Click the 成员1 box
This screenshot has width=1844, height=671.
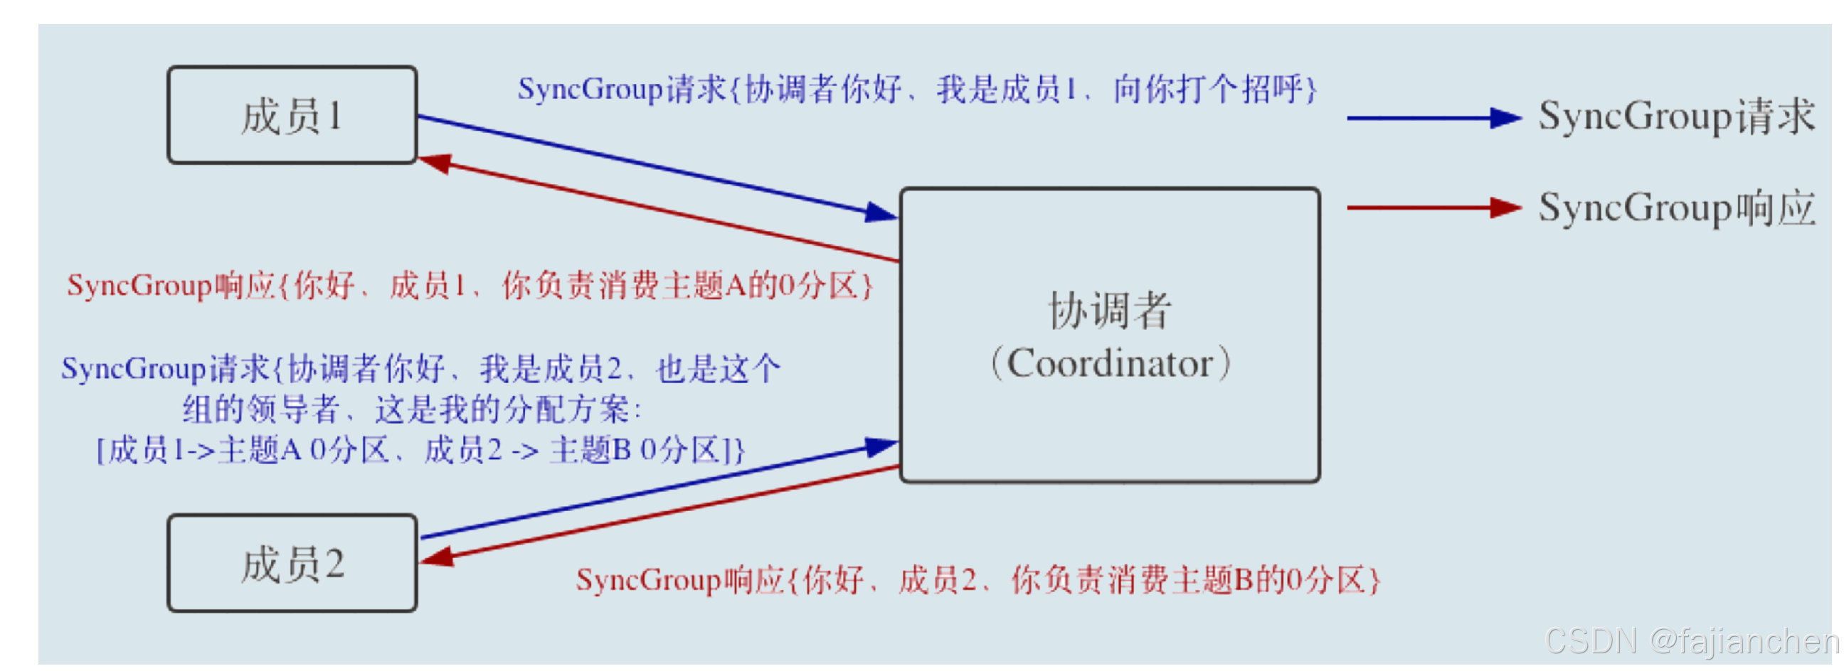click(x=292, y=115)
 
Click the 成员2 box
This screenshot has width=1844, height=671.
click(x=292, y=563)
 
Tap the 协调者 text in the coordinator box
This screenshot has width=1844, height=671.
click(x=1110, y=311)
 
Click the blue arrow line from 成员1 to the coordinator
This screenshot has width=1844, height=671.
click(x=645, y=163)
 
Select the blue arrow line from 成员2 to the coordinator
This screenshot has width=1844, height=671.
click(x=645, y=491)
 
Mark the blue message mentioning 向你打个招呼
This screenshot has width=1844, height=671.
click(x=916, y=90)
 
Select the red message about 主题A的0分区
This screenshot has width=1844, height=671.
click(x=470, y=286)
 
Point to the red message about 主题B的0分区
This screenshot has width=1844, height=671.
click(x=977, y=579)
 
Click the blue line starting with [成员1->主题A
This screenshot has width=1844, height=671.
click(x=421, y=451)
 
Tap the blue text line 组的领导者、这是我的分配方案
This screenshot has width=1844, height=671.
click(x=412, y=410)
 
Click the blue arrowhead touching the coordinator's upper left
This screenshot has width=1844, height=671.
click(x=881, y=213)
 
